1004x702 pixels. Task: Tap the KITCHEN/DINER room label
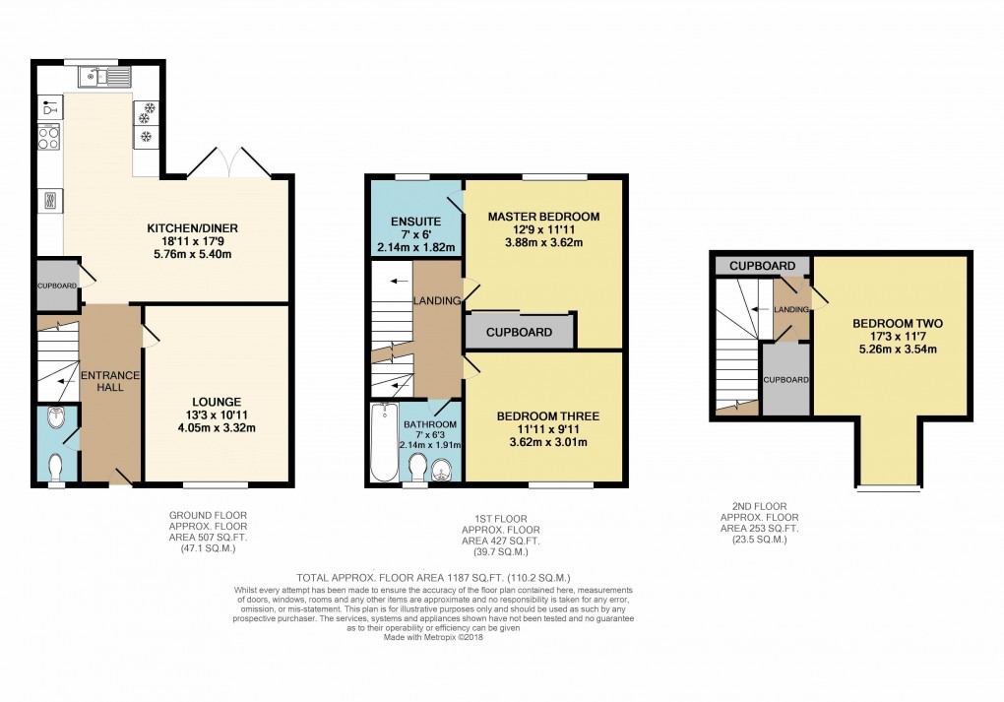pos(187,228)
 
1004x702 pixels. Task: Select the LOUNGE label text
pos(218,401)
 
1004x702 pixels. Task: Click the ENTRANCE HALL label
pos(109,383)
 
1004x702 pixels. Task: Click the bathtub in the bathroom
pos(382,443)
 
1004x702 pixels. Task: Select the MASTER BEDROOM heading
pos(543,216)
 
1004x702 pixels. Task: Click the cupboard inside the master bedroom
pos(519,332)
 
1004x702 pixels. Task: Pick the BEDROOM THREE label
pos(547,415)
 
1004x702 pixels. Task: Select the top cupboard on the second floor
pos(762,266)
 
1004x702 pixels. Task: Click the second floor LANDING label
pos(791,309)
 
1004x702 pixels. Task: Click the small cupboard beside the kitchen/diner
pos(56,285)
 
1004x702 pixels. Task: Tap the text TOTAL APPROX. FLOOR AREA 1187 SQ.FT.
pos(433,577)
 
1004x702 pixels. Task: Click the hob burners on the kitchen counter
pos(48,138)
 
